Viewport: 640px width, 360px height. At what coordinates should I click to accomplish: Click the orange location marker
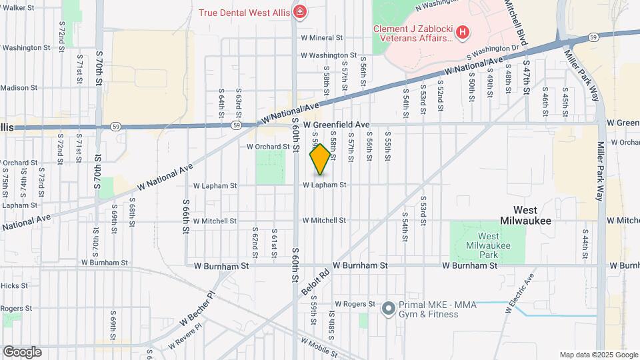tap(320, 159)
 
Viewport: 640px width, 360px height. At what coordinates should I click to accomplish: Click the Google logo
tap(21, 352)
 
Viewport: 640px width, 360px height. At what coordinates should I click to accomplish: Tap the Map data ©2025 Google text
tap(598, 355)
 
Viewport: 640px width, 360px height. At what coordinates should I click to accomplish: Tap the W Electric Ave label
tap(521, 293)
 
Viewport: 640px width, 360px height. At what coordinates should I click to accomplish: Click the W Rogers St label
tap(355, 304)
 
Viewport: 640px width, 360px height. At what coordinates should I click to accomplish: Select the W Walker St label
tap(17, 7)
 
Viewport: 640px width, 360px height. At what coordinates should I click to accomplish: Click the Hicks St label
tap(14, 285)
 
